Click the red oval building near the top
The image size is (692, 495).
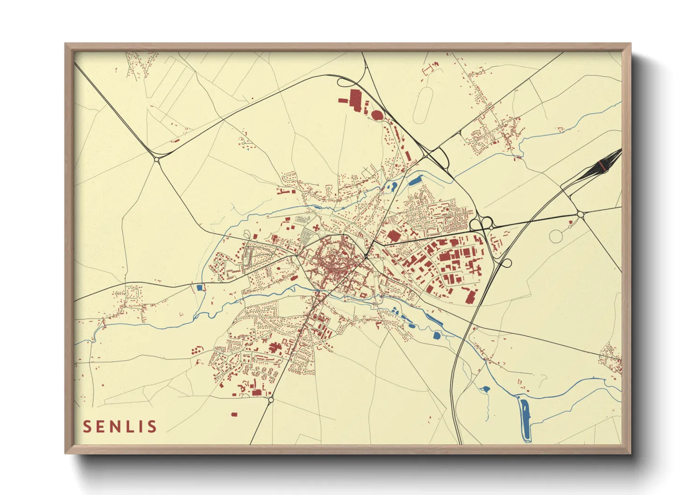tap(377, 114)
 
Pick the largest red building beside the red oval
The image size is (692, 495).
tap(354, 99)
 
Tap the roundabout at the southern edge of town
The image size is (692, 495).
tap(271, 400)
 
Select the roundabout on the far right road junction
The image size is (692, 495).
tap(580, 214)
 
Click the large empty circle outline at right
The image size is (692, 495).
tap(556, 236)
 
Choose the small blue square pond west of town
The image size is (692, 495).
tap(200, 287)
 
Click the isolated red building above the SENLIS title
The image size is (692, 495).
tap(234, 414)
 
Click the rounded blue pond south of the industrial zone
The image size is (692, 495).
tap(436, 335)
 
